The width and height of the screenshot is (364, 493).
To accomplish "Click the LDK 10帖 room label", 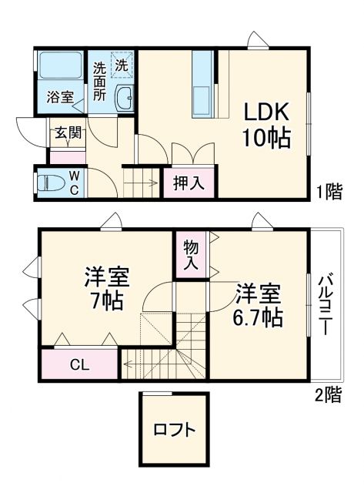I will coord(266,125).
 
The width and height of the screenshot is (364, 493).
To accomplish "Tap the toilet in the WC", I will coord(51,184).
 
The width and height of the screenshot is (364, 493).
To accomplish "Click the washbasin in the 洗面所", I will coord(124,98).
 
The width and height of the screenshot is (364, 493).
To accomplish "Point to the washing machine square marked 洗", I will coord(122,65).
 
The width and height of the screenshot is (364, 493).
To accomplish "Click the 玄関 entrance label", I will coord(66,132).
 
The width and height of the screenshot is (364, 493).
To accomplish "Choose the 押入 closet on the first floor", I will coord(188,183).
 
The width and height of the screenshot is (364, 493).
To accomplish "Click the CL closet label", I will coord(79,364).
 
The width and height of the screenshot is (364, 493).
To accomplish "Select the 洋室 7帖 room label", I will coord(106,287).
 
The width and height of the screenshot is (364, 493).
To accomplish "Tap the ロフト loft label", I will coord(174,430).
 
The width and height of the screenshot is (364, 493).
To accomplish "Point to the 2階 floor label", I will coord(327,395).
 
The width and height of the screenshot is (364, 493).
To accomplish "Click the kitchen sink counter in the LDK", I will coord(202,85).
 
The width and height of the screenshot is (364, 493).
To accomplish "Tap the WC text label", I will coord(75,183).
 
